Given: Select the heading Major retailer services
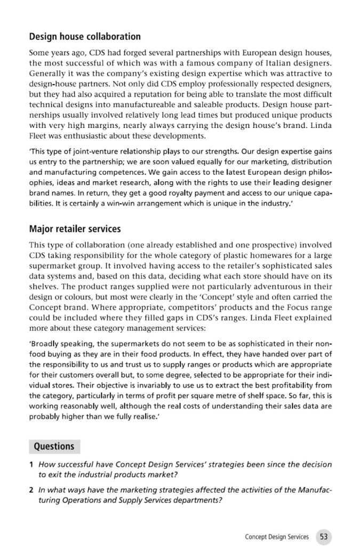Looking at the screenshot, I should pos(75,229).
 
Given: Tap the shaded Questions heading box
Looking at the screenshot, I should pos(54,446).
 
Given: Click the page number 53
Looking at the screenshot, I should pos(323,536).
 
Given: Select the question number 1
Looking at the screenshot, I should pos(31,465).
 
